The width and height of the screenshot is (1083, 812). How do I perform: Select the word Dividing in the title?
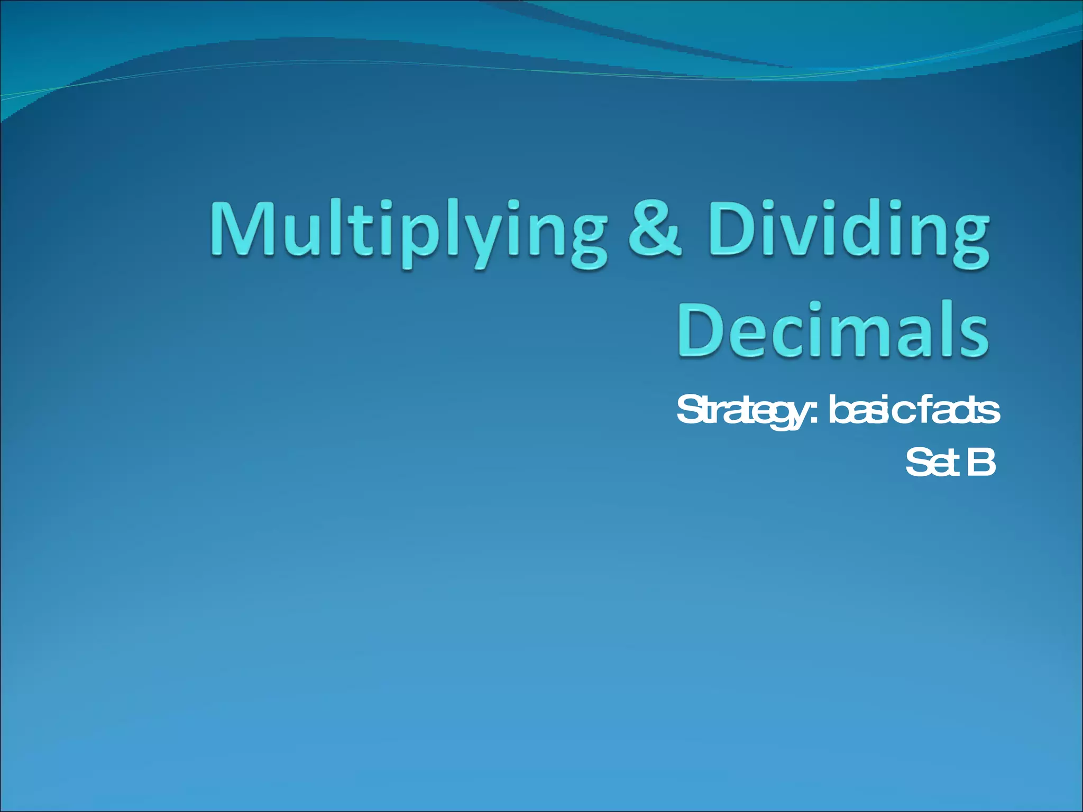click(849, 233)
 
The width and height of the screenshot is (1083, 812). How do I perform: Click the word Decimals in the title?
click(833, 330)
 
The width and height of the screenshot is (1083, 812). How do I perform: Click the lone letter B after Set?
click(982, 462)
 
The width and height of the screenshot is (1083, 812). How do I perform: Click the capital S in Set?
click(918, 462)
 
